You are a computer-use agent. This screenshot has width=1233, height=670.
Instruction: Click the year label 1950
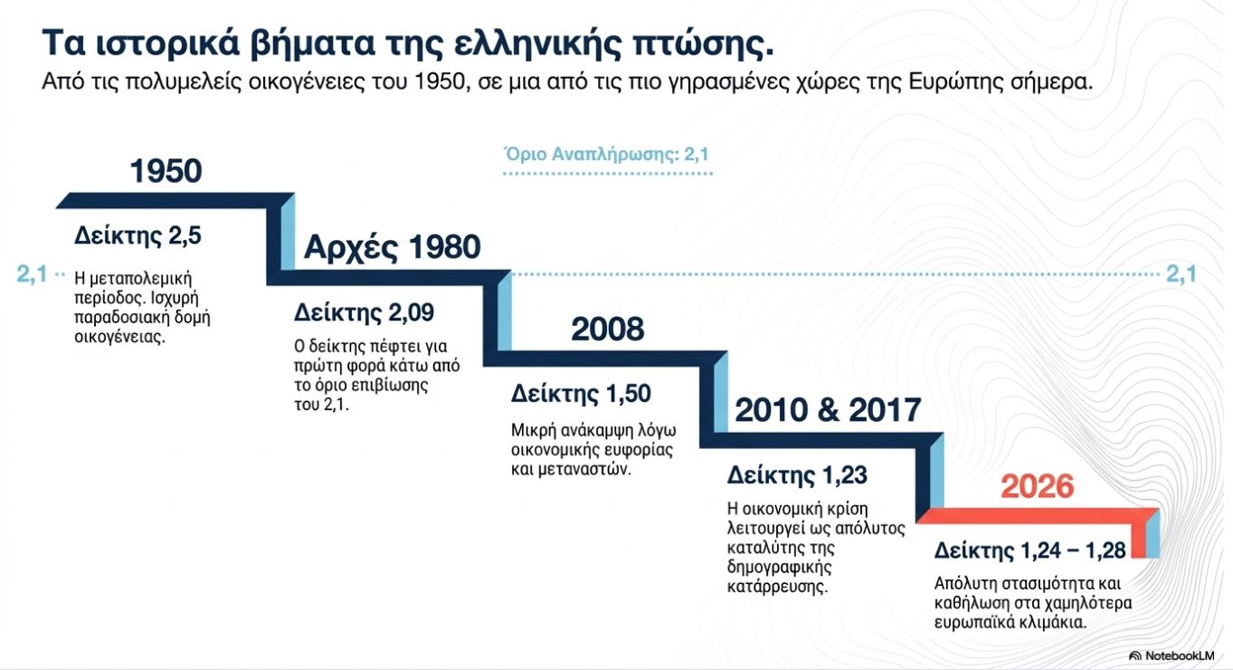point(166,171)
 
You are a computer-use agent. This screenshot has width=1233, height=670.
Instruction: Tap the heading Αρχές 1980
point(392,247)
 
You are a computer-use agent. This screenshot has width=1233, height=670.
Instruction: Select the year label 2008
point(607,329)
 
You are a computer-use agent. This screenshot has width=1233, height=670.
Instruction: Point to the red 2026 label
point(1037,486)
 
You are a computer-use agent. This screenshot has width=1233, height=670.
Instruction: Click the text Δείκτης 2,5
point(138,235)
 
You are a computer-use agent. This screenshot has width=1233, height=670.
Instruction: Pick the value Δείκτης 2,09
point(364,312)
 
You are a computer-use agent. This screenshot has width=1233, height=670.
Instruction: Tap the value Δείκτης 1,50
point(581,394)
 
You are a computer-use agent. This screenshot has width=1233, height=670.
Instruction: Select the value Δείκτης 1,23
point(797,475)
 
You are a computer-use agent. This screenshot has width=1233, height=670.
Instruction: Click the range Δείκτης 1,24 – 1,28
point(1029,550)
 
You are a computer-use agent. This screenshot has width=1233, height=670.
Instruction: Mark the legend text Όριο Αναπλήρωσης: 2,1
point(607,154)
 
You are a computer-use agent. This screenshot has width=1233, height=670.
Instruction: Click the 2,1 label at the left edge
point(32,273)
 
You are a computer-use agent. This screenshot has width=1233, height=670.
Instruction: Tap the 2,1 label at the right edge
point(1181,273)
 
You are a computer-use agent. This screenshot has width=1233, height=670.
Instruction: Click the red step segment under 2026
point(1038,516)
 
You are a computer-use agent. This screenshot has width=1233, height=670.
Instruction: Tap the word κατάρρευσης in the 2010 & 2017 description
point(777,587)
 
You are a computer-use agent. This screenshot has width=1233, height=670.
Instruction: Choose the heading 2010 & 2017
point(828,410)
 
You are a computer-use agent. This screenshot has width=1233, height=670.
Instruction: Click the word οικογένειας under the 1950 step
point(119,337)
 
